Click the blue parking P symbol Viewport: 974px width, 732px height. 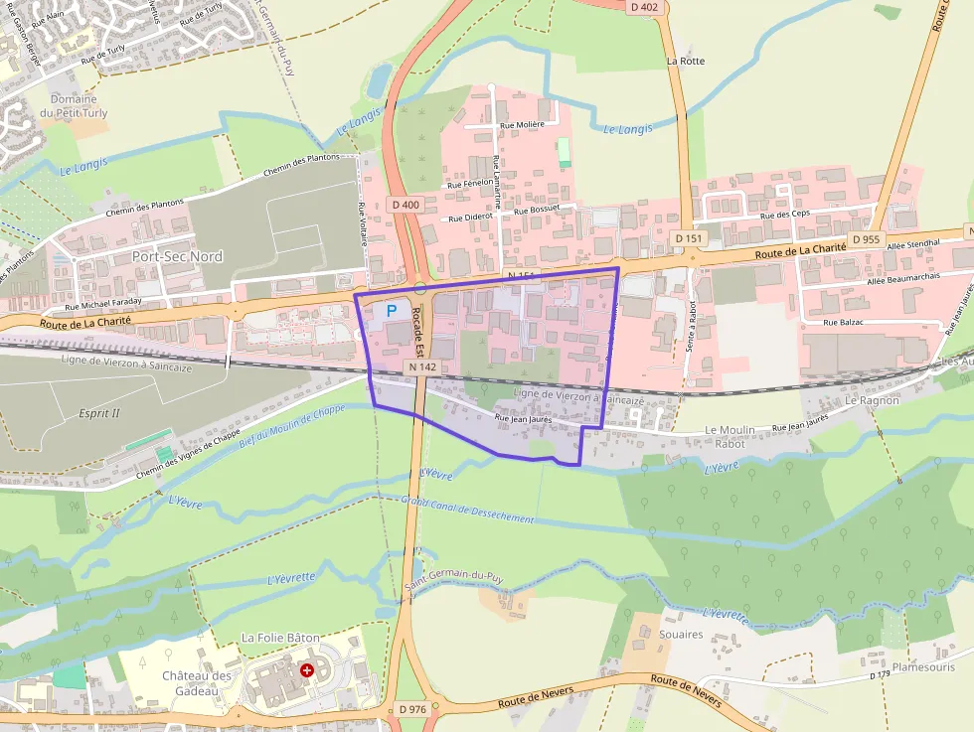pos(391,311)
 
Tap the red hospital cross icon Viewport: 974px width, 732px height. pos(307,670)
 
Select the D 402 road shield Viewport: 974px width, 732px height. pos(644,7)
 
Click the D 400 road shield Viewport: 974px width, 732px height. pos(406,205)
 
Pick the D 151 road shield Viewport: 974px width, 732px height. pos(688,238)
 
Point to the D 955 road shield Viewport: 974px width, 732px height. pos(866,239)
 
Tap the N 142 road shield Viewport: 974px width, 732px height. pos(421,366)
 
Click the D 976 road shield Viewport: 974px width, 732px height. pos(412,709)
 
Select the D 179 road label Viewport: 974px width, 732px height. pos(880,675)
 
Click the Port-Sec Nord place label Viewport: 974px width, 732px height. pos(177,256)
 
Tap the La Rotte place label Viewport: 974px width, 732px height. pos(686,61)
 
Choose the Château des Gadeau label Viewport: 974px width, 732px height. pos(197,683)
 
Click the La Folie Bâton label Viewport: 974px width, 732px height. pos(281,637)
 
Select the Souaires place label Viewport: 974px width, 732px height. pos(681,635)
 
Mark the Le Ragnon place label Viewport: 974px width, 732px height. pos(872,400)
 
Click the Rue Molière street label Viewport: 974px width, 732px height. pos(523,125)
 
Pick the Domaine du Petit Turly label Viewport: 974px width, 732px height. pos(74,106)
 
